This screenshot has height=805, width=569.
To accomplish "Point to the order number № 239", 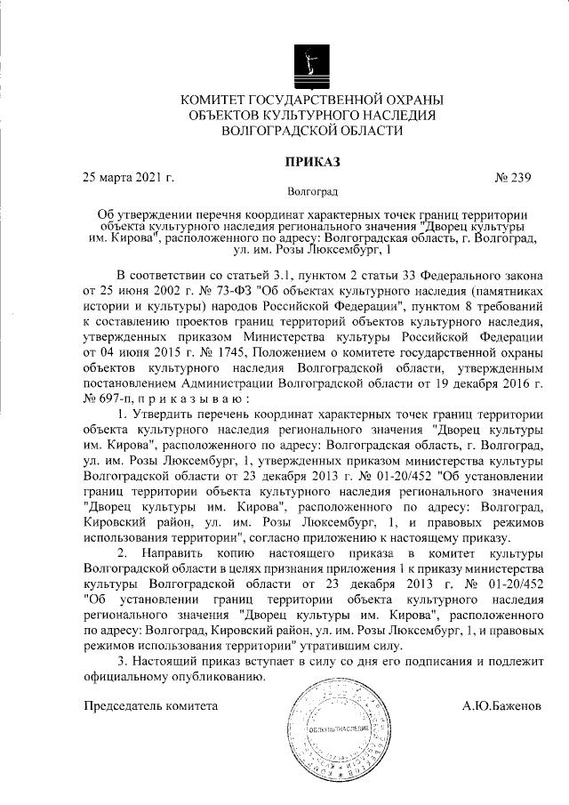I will (511, 176).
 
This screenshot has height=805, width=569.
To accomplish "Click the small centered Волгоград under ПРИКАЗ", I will (312, 191).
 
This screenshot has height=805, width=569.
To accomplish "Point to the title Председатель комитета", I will (150, 706).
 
